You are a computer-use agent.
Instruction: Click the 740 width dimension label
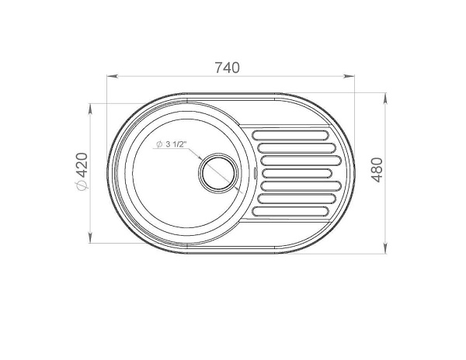227,67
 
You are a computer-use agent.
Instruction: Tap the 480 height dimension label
377,170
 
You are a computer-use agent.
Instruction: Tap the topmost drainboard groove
290,135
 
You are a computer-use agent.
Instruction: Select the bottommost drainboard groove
290,211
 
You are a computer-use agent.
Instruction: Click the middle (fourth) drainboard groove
297,173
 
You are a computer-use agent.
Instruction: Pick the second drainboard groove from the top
297,147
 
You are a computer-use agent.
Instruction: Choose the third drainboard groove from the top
301,161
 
